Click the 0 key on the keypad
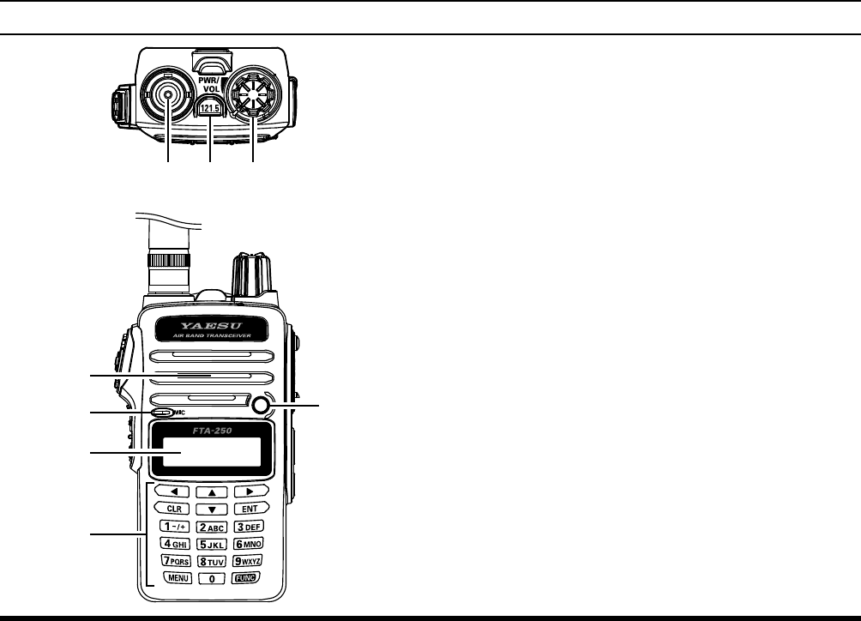click(x=211, y=579)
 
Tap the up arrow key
click(x=211, y=491)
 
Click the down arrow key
click(x=211, y=509)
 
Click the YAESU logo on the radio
click(x=210, y=327)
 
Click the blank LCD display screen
click(x=210, y=453)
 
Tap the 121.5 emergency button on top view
click(x=211, y=109)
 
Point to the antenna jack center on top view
click(x=168, y=98)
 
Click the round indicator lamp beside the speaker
click(x=262, y=406)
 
